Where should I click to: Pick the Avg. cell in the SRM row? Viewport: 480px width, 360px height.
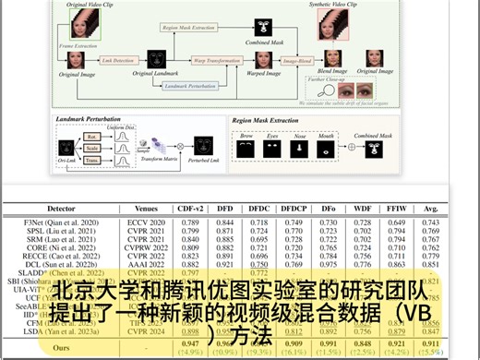430,239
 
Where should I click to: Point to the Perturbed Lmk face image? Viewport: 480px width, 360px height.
203,146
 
